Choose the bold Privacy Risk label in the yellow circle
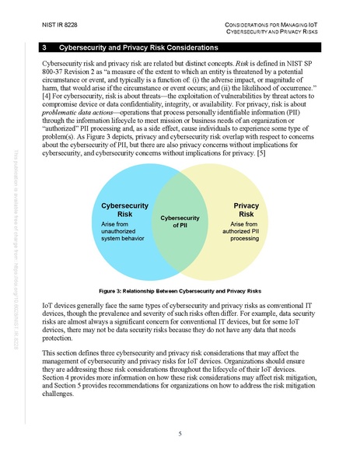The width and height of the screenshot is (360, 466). tap(246, 210)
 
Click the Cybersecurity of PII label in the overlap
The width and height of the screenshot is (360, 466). tap(180, 222)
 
